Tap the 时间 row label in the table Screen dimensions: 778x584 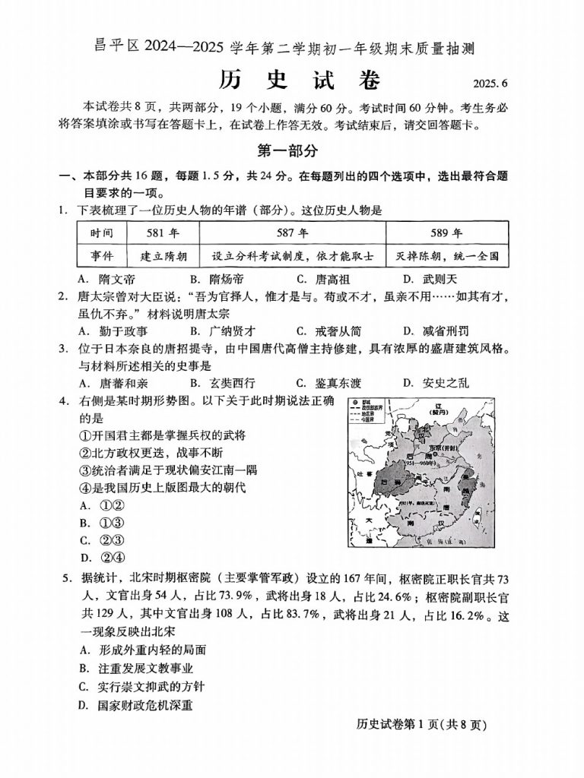(101, 232)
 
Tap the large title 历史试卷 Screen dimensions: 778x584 (292, 79)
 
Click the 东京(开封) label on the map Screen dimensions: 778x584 (445, 448)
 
